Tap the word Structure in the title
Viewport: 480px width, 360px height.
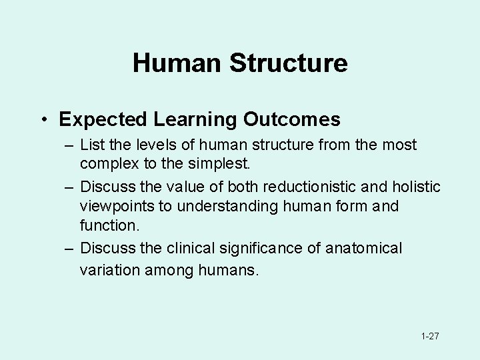288,63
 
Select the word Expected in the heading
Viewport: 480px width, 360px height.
103,119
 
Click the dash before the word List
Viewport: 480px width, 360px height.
69,145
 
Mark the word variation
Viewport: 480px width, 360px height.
109,270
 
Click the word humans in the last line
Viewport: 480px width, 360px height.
228,270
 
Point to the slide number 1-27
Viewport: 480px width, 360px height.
430,336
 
